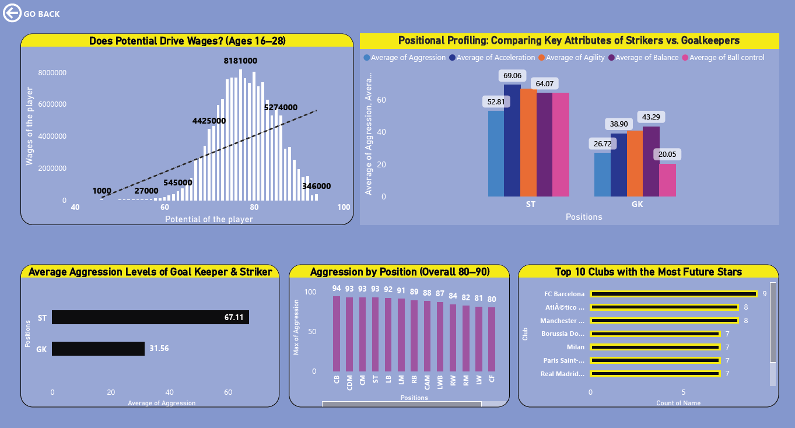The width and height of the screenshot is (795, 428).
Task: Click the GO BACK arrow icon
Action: [12, 13]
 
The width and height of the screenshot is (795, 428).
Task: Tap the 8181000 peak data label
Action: [240, 61]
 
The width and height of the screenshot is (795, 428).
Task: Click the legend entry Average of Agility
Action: [572, 58]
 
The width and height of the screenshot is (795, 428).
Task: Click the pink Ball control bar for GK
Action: [668, 180]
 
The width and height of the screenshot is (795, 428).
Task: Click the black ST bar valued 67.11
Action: [150, 317]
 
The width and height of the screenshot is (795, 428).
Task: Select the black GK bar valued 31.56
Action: [98, 349]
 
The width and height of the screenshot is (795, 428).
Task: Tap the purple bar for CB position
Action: [337, 334]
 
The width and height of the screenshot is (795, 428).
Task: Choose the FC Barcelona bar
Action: [674, 294]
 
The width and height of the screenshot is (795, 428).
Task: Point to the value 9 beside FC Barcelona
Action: [764, 294]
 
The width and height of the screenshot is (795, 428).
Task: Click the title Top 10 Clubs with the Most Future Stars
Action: [648, 272]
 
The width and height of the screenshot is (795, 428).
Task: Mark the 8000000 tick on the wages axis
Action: [52, 73]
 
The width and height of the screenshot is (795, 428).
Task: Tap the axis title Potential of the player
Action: [209, 219]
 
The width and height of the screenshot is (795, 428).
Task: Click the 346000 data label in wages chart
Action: [316, 187]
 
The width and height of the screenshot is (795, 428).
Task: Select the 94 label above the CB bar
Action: [337, 288]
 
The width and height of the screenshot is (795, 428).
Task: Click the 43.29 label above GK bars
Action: [651, 117]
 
